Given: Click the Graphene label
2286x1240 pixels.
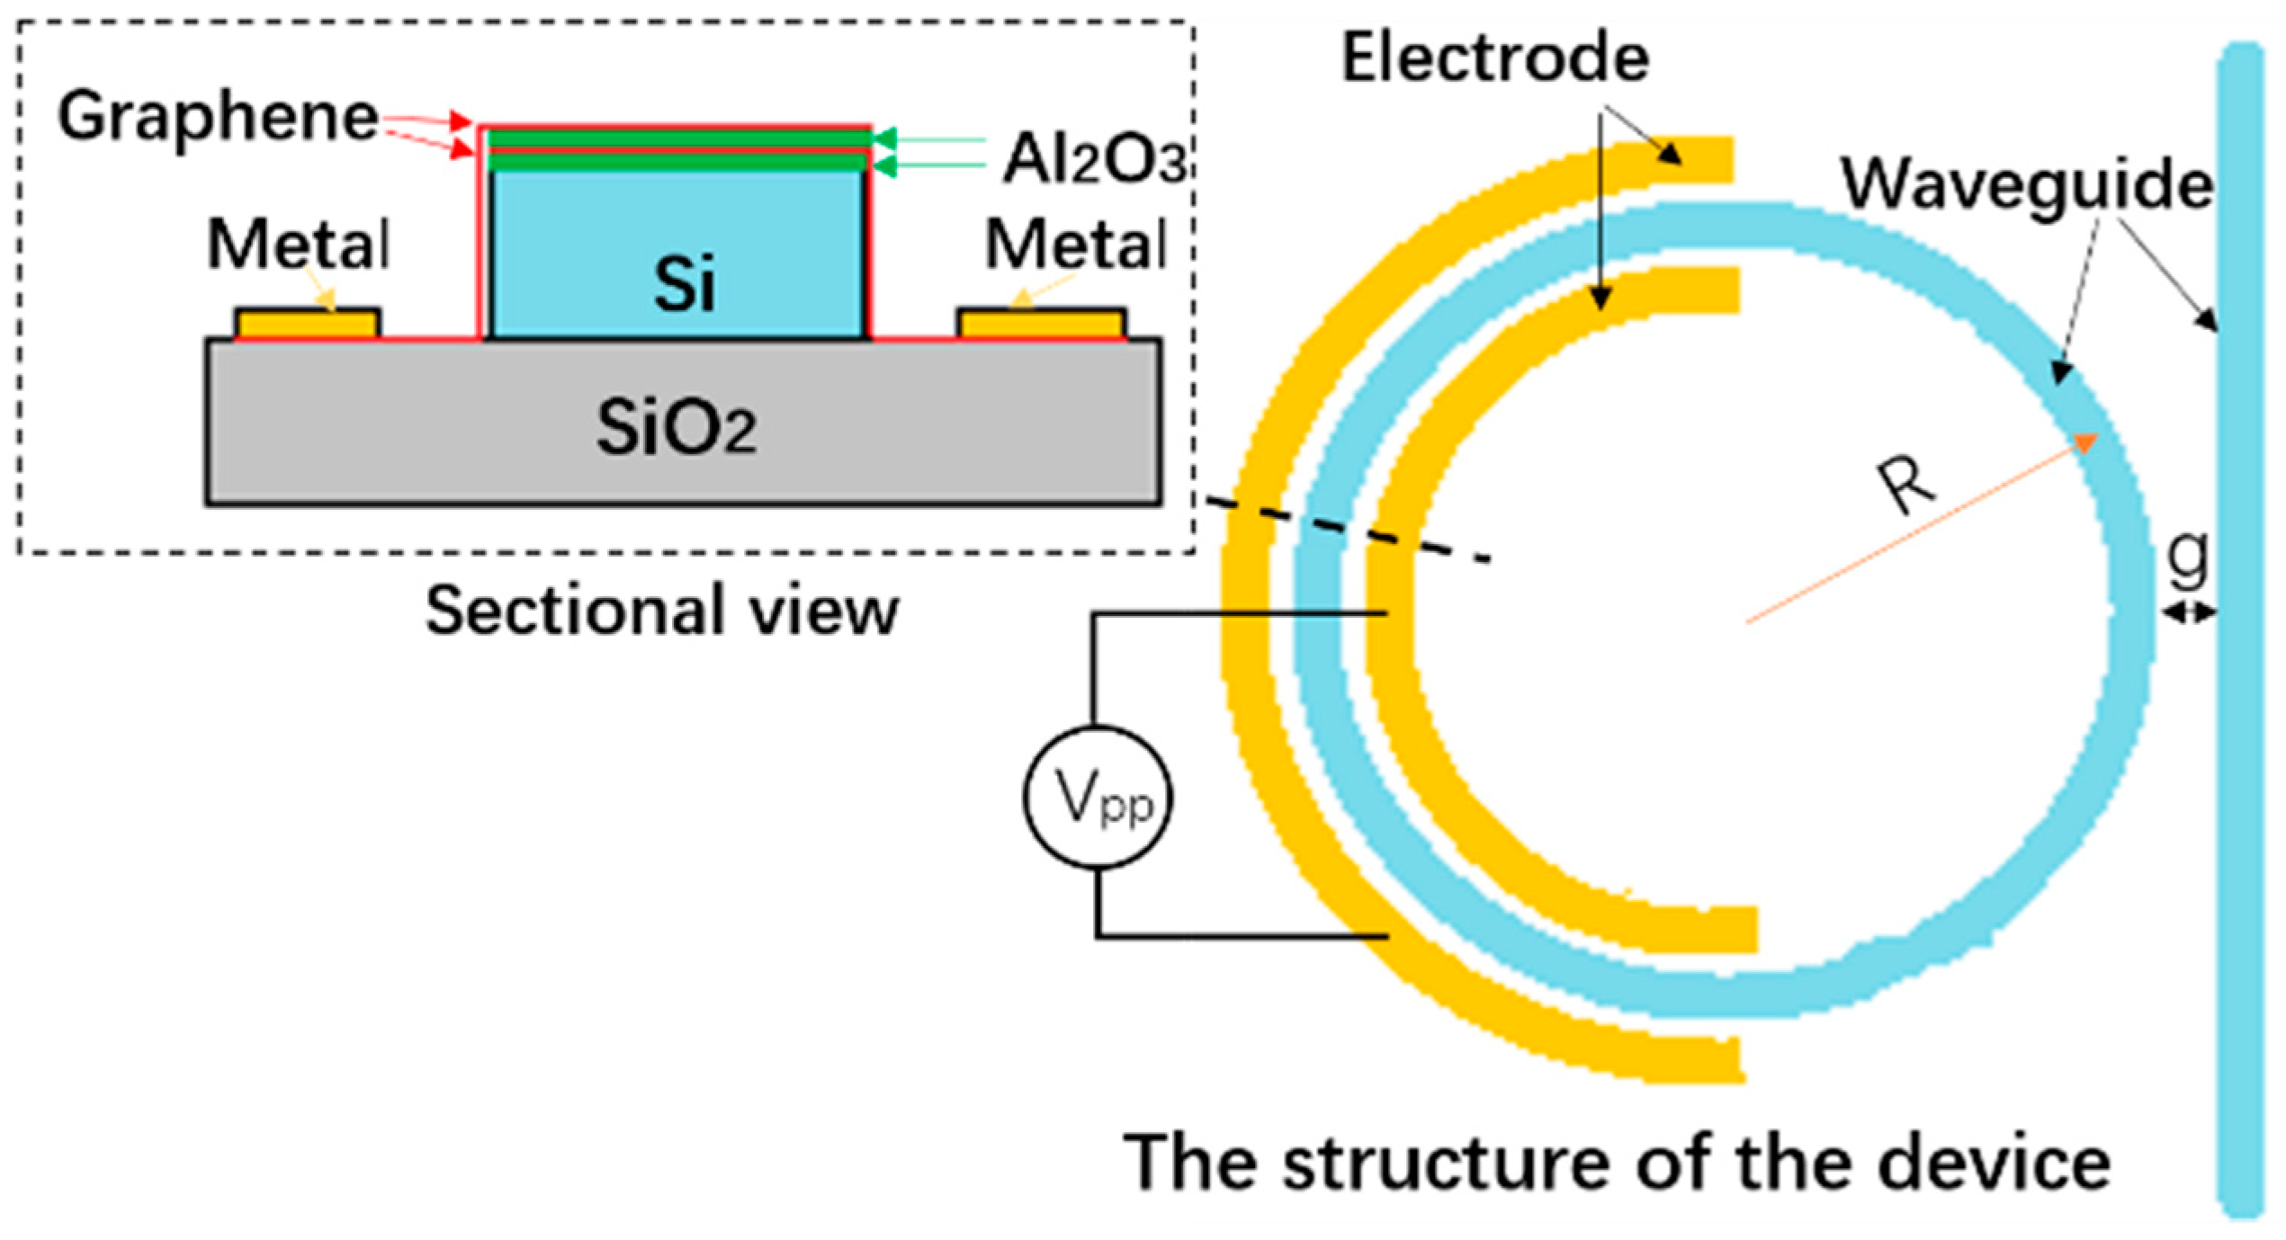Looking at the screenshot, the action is (x=218, y=118).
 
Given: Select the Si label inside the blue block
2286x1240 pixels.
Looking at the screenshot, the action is (x=684, y=283).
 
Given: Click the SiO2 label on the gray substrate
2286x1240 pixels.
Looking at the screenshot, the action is (x=676, y=426).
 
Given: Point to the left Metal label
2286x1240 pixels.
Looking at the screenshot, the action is (x=299, y=244).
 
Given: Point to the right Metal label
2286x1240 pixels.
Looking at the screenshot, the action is (x=1076, y=244).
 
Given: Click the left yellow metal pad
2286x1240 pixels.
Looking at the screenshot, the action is (x=307, y=324).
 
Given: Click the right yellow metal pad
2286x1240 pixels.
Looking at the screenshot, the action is (x=1042, y=324).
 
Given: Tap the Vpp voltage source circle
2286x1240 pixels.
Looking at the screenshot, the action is (x=1098, y=798).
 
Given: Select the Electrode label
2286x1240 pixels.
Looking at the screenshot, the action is (x=1495, y=58).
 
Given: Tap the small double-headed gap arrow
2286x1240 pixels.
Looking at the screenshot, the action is (x=2190, y=613).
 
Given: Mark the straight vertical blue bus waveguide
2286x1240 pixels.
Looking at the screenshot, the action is (x=2240, y=629).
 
